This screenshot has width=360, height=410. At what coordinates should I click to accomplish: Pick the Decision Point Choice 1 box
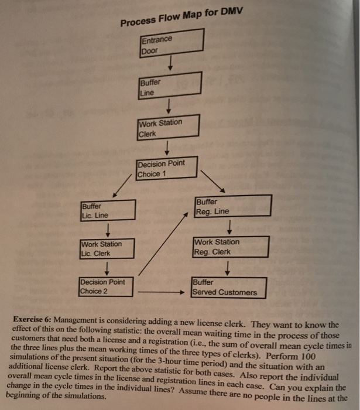click(167, 168)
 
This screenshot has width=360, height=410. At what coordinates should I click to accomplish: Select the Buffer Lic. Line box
click(108, 210)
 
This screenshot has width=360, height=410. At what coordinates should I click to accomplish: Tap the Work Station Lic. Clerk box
click(108, 248)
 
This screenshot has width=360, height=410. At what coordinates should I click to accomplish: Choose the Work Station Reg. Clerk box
click(230, 246)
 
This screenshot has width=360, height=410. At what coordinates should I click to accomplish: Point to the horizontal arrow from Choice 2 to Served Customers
click(161, 292)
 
